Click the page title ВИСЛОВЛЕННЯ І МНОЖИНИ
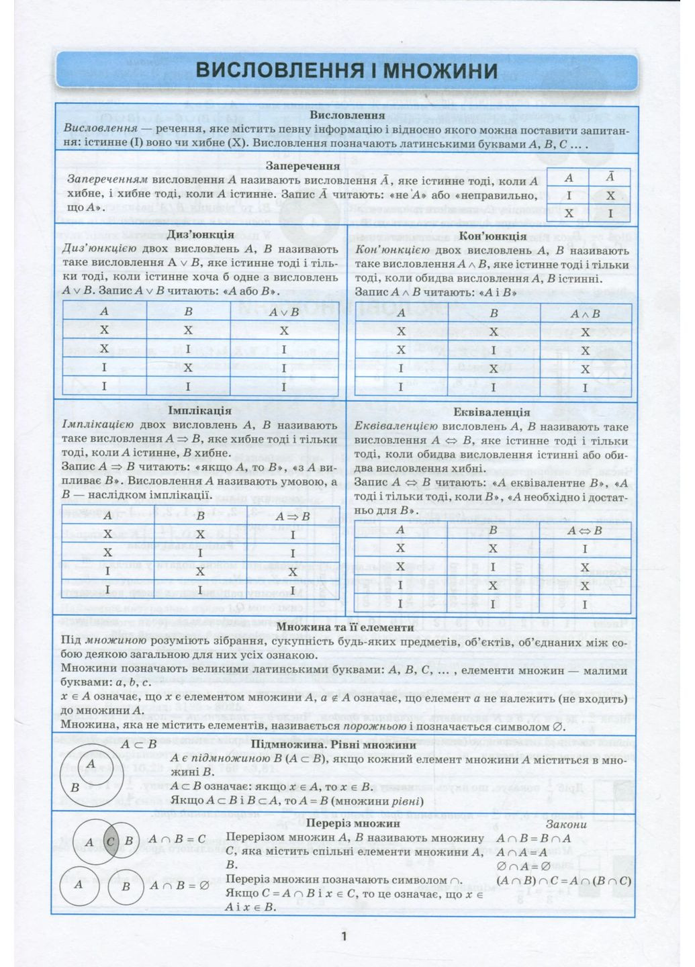(x=346, y=71)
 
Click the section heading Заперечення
(x=303, y=165)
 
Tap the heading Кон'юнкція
(x=492, y=236)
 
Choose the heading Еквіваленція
(x=492, y=412)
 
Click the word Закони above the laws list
(x=565, y=824)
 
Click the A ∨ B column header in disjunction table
(x=284, y=312)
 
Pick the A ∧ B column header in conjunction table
(x=585, y=314)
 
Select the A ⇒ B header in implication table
(x=292, y=516)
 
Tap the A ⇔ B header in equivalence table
(x=584, y=531)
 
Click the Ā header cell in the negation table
(x=610, y=177)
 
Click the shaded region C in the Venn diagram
(x=111, y=841)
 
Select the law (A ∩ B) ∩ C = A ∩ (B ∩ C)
(x=563, y=880)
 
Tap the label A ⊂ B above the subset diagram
(x=138, y=744)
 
